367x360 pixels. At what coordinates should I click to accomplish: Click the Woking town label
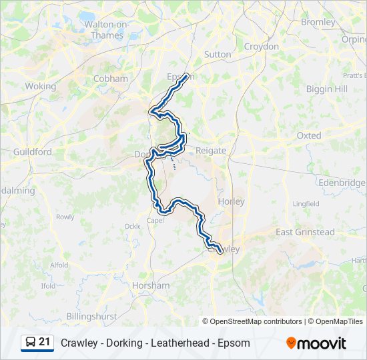tap(40, 86)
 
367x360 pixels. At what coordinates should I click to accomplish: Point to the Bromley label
tap(318, 22)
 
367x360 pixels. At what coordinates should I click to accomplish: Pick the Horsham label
tap(151, 285)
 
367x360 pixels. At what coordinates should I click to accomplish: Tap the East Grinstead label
tap(305, 232)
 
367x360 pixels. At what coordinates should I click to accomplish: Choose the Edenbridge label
tap(342, 183)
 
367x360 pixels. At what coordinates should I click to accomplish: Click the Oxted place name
tap(308, 135)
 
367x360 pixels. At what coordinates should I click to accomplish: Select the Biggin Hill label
tap(327, 89)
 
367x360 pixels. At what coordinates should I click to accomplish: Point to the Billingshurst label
tap(91, 316)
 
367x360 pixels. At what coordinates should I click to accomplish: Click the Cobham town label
tap(111, 79)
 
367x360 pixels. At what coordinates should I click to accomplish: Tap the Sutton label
tap(218, 54)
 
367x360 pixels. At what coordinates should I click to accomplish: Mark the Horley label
tap(231, 201)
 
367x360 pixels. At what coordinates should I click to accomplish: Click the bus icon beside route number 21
tap(31, 343)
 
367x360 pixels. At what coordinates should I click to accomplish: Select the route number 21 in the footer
tap(45, 343)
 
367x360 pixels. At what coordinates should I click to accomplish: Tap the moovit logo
tap(316, 343)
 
